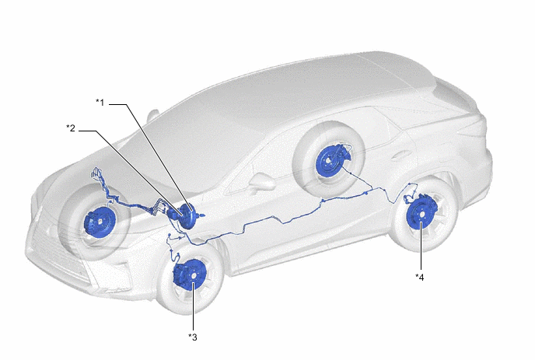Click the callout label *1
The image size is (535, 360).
pos(100,103)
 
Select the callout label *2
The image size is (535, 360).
pos(71,128)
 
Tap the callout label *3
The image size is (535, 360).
pos(193,337)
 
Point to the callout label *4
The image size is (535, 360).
pos(420,278)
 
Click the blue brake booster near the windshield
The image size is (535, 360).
pos(187,217)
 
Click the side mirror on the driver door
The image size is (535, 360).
pos(263,183)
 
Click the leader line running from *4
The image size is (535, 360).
pos(421,246)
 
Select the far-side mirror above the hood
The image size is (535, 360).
pos(153,115)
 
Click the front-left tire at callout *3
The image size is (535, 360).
pos(191,276)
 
